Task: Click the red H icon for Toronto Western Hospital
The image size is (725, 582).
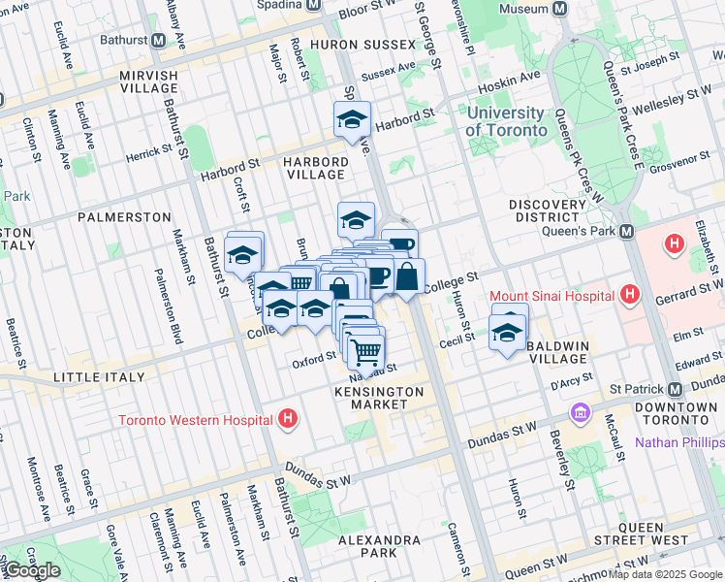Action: [286, 420]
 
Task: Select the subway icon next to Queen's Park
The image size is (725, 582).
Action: [627, 232]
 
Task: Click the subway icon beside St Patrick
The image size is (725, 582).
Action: [675, 388]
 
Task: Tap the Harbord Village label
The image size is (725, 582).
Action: [316, 168]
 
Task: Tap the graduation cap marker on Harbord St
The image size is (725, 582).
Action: [350, 120]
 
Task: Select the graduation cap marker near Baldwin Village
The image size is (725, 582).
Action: [508, 332]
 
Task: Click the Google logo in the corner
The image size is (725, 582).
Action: [31, 570]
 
